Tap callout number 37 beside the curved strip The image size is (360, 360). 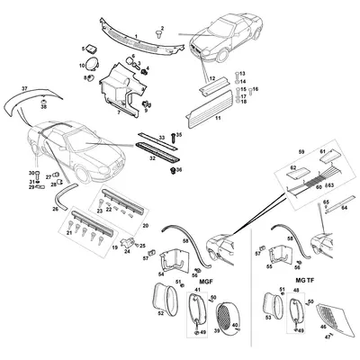[25, 89]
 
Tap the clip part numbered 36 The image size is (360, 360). [177, 170]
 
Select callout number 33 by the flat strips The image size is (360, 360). [163, 136]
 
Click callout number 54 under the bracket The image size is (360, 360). [161, 274]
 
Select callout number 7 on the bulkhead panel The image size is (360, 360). [117, 113]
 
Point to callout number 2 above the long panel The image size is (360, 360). [161, 28]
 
